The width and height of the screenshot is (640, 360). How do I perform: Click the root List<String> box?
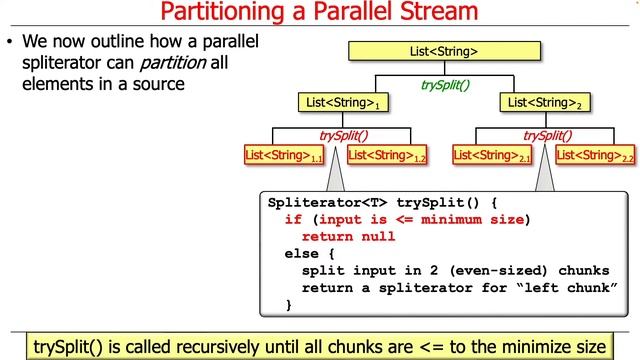pos(445,51)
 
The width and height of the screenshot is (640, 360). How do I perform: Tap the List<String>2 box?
pos(545,102)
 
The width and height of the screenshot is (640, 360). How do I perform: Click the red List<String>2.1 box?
pos(493,155)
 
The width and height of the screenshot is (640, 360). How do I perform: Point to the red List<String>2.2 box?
pos(596,155)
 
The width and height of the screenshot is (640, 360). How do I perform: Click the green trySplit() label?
pos(444,84)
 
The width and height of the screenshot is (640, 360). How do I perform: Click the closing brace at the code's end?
pos(288,304)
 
